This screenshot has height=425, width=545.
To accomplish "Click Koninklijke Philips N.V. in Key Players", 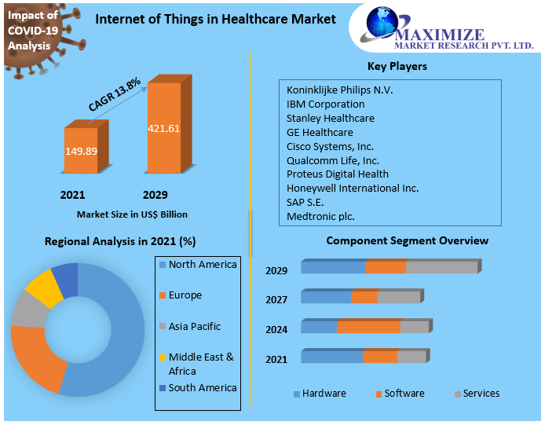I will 339,90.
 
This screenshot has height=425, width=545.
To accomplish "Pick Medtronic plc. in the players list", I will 320,216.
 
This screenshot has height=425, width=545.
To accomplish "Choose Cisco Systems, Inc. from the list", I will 330,146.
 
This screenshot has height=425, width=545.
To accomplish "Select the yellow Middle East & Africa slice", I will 43,288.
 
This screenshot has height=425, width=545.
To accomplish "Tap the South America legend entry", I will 202,387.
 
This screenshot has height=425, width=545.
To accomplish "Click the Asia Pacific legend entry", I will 194,326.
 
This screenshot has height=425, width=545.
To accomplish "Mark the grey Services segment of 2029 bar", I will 441,268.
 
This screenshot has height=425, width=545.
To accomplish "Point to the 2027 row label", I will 276,299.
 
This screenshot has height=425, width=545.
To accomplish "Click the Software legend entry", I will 404,394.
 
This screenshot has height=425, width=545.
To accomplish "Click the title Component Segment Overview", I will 407,240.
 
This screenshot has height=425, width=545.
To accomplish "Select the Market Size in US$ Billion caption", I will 132,214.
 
